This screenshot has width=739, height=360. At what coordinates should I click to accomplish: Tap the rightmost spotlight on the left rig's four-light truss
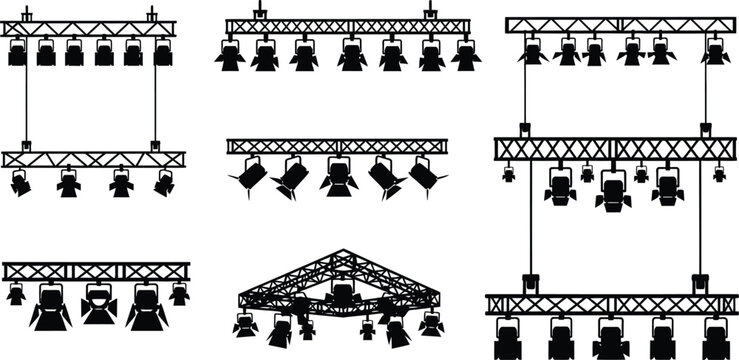(164, 183)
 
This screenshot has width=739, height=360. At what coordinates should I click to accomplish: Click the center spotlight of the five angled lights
(339, 178)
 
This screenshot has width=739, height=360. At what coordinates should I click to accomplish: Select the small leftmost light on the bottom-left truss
(16, 293)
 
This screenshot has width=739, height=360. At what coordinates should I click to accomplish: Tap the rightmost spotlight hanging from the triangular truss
(431, 322)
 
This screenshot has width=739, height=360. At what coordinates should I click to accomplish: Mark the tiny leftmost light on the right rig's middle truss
(509, 174)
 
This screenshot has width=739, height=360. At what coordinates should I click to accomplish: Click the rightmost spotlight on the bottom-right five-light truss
(715, 335)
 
